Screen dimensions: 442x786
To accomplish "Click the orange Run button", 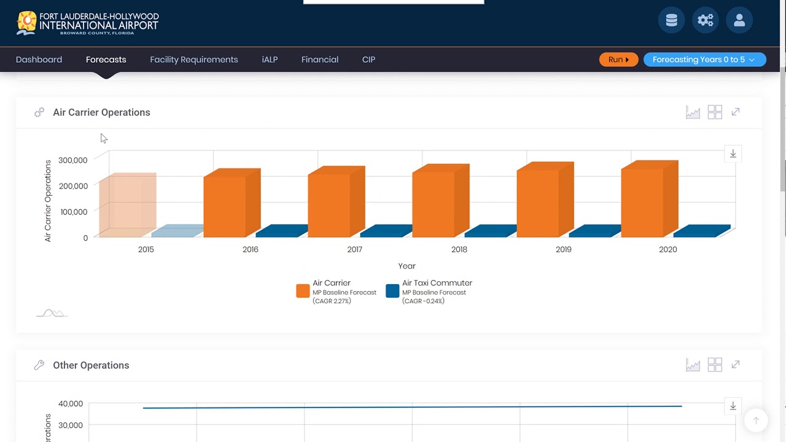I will [x=618, y=60].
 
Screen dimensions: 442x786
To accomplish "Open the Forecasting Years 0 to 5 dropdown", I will [x=704, y=60].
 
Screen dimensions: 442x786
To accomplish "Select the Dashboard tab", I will [x=39, y=60].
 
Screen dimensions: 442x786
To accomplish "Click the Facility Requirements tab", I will [x=193, y=60].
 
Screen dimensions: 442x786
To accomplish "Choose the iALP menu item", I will [x=270, y=60].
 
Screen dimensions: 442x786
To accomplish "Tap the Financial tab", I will [x=319, y=60].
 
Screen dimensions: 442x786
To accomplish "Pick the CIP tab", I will [x=368, y=60].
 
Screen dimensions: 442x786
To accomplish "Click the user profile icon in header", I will [x=739, y=20].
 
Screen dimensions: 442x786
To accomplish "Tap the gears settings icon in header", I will [x=706, y=20].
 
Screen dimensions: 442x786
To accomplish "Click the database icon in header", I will [x=671, y=20].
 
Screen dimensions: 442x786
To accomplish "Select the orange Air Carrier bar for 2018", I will [x=434, y=204].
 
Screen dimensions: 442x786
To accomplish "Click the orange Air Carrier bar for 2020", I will [x=642, y=203].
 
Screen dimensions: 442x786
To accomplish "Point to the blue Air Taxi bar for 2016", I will [x=278, y=231].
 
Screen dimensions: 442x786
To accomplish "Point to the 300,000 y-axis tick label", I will [x=74, y=160].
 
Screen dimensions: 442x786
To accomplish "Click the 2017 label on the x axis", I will [x=354, y=249].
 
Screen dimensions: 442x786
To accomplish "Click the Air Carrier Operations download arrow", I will [x=733, y=153].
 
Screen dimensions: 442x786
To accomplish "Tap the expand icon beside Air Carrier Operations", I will [x=736, y=112].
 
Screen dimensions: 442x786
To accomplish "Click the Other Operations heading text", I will [x=91, y=365].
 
